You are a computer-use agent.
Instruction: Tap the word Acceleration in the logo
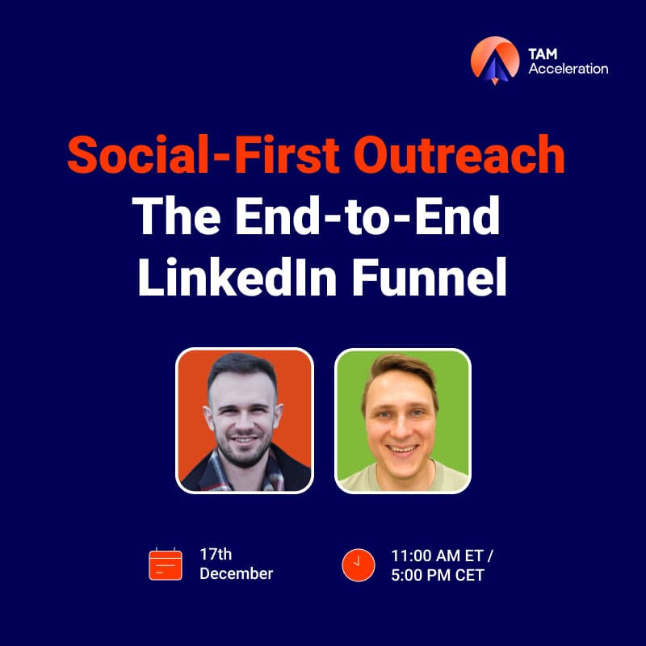(x=568, y=69)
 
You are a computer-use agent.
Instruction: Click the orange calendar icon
(x=166, y=564)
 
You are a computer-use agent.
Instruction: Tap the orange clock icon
(x=359, y=564)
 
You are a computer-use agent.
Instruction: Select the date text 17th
(x=216, y=554)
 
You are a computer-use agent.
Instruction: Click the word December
(x=236, y=574)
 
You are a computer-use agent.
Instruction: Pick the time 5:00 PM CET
(x=437, y=575)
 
